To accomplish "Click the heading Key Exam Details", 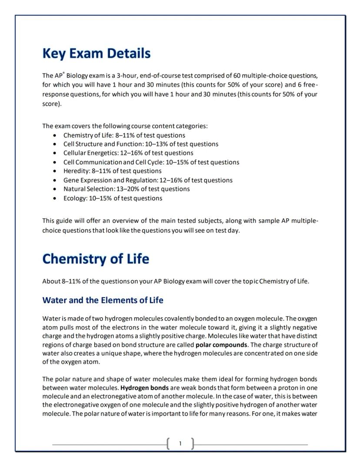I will (96, 54).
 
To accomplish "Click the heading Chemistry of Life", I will (95, 259).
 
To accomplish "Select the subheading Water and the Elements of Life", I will (103, 300).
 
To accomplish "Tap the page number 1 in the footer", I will (180, 443).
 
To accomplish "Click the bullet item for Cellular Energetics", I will (128, 153).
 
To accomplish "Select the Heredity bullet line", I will (112, 171).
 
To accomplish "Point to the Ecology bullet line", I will (113, 198).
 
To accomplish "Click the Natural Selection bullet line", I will (127, 189).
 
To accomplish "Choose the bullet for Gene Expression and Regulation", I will (148, 180).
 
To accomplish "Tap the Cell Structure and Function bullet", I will (141, 144).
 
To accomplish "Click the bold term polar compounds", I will (221, 345).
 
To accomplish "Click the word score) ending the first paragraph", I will (52, 104).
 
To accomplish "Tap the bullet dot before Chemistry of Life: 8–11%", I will (54, 135).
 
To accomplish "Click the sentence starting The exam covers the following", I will (125, 126).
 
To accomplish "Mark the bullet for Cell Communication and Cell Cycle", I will (151, 162).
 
